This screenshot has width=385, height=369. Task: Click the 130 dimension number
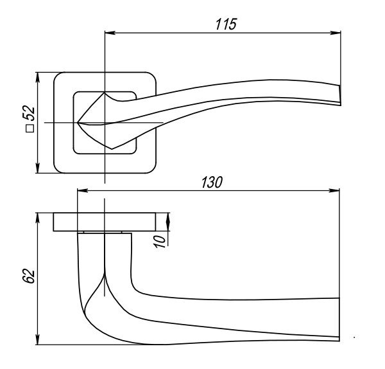(x=212, y=183)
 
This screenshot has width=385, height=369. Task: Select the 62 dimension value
(x=28, y=276)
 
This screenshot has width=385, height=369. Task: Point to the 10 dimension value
(x=161, y=240)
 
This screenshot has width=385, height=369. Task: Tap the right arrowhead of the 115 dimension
(x=336, y=32)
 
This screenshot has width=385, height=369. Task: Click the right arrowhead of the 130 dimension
(x=336, y=191)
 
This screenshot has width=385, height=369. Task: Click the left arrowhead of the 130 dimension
(x=80, y=191)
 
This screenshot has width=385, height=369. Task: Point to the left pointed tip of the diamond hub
(x=79, y=122)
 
